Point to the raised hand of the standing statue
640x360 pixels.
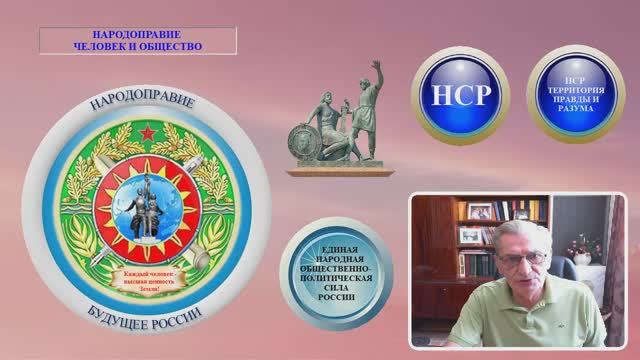click(376, 64)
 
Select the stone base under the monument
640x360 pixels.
click(336, 169)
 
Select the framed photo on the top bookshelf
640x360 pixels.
click(480, 210)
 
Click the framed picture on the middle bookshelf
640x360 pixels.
click(469, 236)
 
